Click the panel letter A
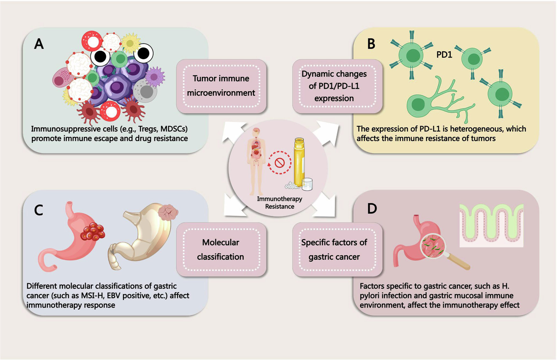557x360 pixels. click(39, 44)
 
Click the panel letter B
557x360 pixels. click(371, 44)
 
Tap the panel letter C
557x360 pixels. click(39, 210)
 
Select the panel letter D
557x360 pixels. click(372, 209)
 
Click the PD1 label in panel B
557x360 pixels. click(444, 55)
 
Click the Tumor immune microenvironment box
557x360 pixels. click(221, 86)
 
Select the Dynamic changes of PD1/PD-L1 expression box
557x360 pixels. click(334, 86)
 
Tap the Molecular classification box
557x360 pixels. click(221, 249)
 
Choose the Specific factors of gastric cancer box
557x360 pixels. click(334, 249)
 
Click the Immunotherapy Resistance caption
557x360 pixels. click(279, 203)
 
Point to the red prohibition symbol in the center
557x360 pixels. click(279, 163)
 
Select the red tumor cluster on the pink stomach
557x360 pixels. click(93, 232)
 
